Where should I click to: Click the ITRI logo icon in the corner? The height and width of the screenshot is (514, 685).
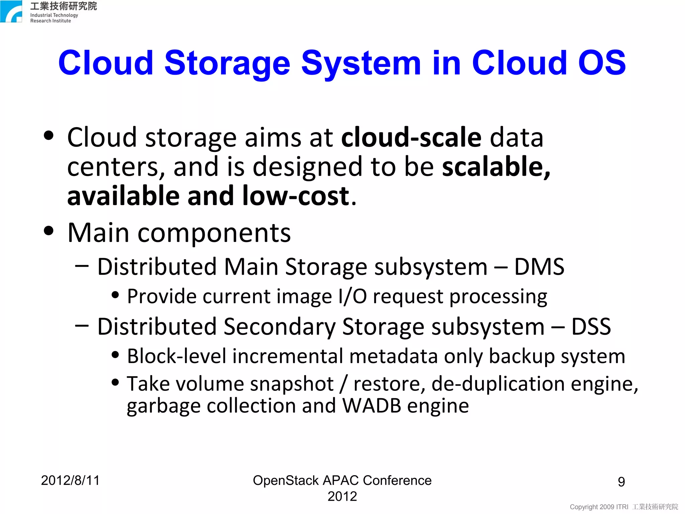click(x=11, y=11)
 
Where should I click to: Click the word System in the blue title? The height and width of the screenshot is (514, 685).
click(x=361, y=63)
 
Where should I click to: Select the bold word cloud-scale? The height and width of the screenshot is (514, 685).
click(x=411, y=138)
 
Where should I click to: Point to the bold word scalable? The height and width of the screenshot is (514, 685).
click(x=496, y=167)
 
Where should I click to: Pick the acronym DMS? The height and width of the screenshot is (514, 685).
click(x=539, y=267)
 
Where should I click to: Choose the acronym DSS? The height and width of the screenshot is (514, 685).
click(x=591, y=327)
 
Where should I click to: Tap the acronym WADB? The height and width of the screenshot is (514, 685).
click(x=372, y=406)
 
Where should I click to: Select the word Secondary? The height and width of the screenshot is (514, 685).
click(x=280, y=327)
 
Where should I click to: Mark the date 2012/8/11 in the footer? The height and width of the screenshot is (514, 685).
click(x=70, y=481)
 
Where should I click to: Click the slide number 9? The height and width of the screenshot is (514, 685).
click(x=621, y=482)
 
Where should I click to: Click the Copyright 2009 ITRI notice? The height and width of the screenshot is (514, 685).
click(x=599, y=507)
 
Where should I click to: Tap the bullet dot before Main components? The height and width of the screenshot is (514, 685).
click(x=49, y=231)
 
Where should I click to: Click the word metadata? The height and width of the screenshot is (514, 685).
click(x=393, y=356)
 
